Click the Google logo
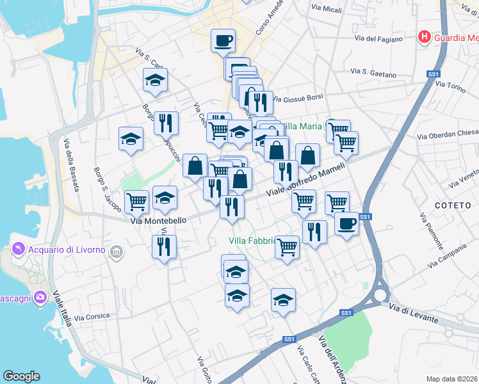tap(22, 376)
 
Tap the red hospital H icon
tap(423, 37)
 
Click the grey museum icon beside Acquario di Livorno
tap(117, 250)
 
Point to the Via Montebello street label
tap(158, 220)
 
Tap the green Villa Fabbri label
tap(252, 241)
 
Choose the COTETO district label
tap(453, 205)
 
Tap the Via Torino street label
tap(451, 88)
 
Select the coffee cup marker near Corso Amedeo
tap(223, 40)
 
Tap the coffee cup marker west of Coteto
tap(346, 224)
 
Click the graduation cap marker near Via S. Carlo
tap(155, 81)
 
